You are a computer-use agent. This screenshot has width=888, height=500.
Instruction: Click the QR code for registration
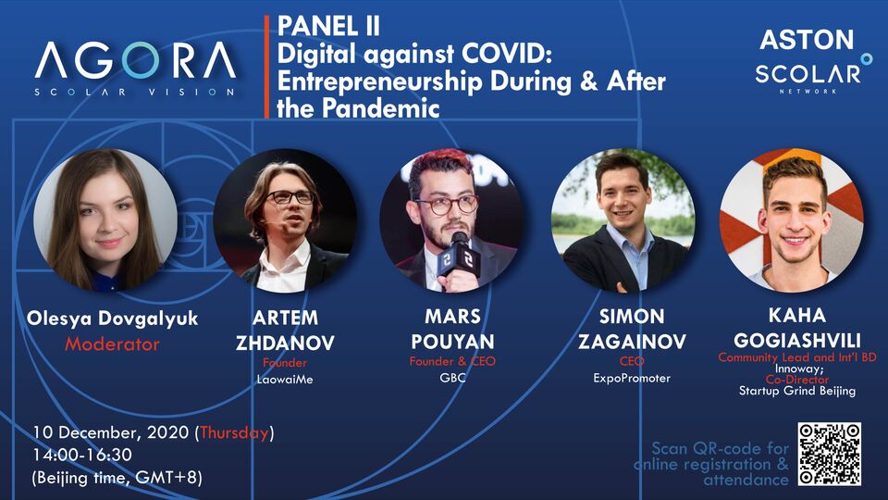coord(830,454)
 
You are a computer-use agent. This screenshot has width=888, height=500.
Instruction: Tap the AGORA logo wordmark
coord(135,60)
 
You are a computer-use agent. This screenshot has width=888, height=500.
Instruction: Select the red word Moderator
coord(112,344)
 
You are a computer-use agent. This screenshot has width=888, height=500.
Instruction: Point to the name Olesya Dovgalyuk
coord(112,318)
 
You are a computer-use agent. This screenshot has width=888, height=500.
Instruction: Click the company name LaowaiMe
coord(285,380)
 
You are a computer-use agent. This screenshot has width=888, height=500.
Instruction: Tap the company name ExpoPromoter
coord(632,378)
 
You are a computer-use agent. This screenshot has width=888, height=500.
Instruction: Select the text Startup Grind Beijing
coord(797,391)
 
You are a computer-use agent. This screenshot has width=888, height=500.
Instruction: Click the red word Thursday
coord(234,432)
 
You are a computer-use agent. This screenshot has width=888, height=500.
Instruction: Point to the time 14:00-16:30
coord(82,455)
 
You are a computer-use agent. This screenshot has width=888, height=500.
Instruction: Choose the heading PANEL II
coord(328,27)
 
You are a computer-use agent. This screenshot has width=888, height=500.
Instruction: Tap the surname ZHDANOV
coord(285,343)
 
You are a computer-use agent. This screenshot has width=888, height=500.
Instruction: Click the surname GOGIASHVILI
coord(797,340)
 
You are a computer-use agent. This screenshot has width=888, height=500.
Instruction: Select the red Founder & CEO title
coord(452,361)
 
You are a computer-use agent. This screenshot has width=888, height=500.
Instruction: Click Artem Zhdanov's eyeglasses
coord(290,197)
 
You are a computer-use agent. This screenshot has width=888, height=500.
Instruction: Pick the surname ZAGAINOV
coord(632,342)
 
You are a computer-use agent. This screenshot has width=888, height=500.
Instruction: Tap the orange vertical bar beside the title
coord(266,67)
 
